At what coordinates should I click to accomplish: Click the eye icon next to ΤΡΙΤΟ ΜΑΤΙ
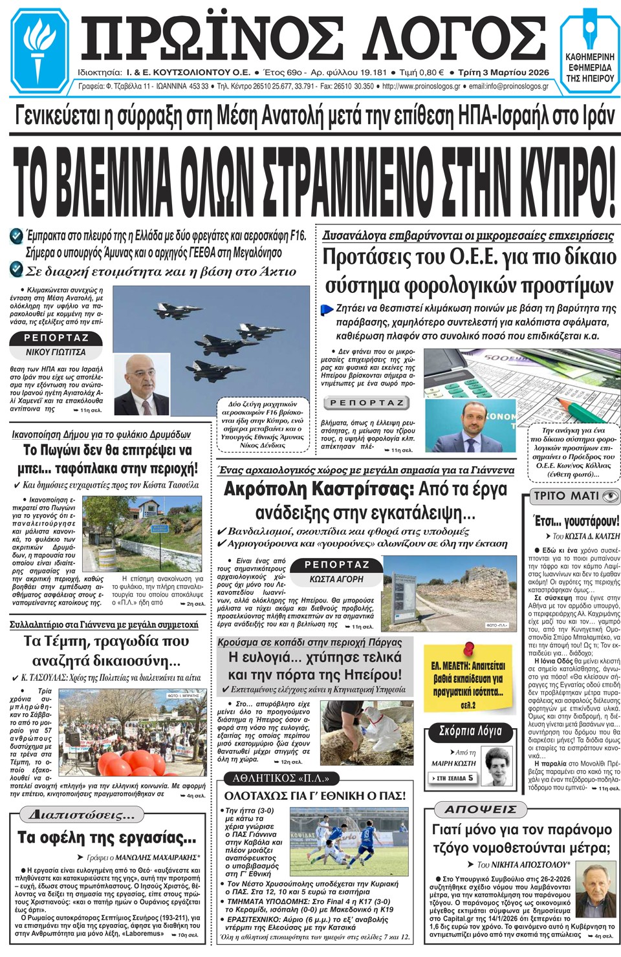click(610, 496)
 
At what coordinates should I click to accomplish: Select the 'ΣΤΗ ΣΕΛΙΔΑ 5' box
click(454, 778)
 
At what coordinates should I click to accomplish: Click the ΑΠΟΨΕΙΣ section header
click(481, 809)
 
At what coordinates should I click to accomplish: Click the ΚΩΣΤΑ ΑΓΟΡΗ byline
click(336, 579)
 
